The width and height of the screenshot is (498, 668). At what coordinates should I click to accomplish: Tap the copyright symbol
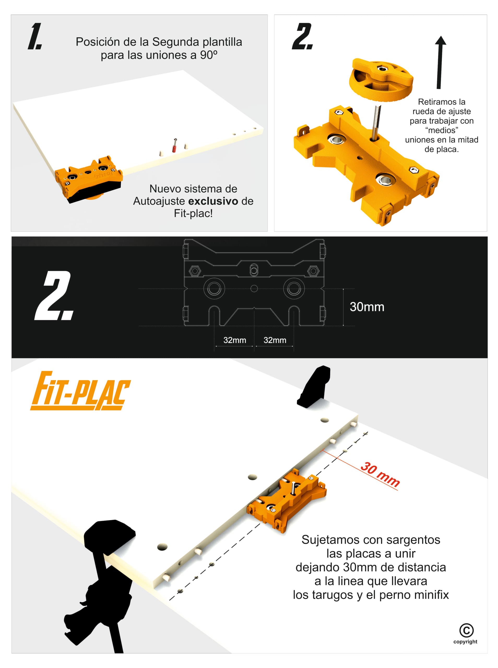[466, 630]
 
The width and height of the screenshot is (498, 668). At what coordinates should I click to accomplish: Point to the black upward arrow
[440, 62]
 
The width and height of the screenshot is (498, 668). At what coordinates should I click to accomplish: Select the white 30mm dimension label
[367, 307]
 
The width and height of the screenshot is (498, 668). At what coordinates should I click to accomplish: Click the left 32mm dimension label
[235, 340]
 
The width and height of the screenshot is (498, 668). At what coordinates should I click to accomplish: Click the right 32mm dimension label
[275, 340]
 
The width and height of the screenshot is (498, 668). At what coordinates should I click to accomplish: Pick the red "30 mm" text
[380, 474]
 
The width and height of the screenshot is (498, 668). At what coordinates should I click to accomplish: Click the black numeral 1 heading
[35, 36]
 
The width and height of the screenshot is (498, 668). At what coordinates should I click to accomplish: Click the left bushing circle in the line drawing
[214, 289]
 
